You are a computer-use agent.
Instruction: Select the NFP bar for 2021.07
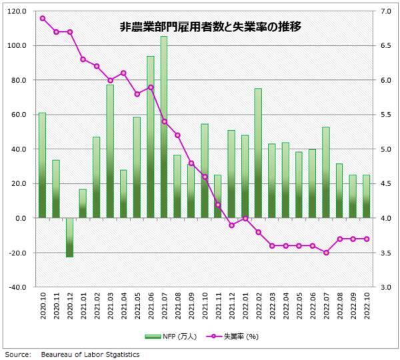click(164, 127)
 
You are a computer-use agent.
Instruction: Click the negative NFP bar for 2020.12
click(69, 237)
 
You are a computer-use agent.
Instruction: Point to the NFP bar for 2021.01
click(83, 203)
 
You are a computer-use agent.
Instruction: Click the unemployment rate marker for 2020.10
click(42, 18)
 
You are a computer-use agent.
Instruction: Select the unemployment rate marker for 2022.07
click(326, 253)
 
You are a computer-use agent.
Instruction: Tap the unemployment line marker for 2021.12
click(231, 225)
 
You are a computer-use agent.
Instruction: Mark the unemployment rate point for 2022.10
click(367, 239)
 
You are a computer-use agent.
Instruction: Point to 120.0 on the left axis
click(16, 11)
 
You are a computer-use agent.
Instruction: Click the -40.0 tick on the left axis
click(16, 287)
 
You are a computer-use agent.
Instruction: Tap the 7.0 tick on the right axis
click(387, 11)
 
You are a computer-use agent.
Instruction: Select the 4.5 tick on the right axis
click(387, 183)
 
